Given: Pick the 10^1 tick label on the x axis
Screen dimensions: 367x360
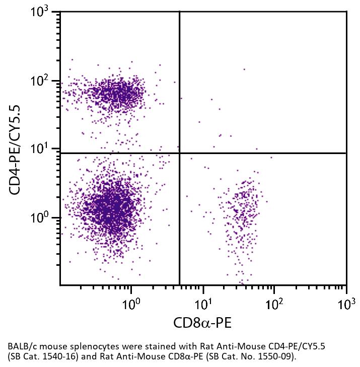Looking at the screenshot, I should tap(203, 304).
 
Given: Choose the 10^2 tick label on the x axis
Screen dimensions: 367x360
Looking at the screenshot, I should tap(274, 304).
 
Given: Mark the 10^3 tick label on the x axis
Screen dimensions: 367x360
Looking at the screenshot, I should tap(346, 304).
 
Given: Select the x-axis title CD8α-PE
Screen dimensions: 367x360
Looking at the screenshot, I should tap(202, 323).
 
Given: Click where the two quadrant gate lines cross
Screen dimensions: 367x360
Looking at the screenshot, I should tap(179, 153).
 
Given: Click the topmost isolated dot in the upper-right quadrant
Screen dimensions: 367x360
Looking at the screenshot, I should tap(244, 69).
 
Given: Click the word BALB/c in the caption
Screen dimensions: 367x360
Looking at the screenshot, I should tap(22, 347).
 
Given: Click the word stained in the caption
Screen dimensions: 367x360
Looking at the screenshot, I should tap(146, 347).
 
